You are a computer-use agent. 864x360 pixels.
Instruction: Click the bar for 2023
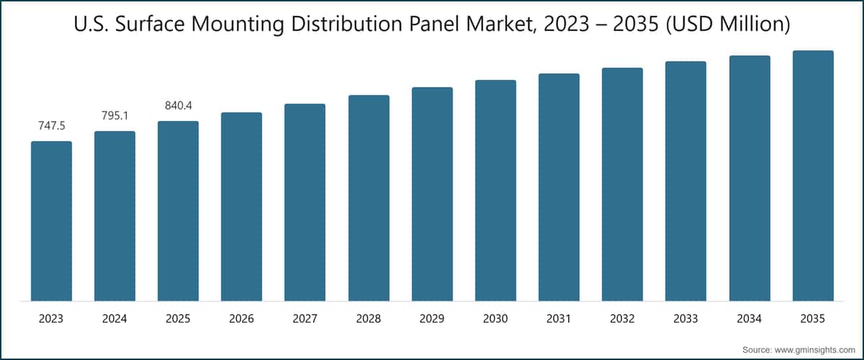pyautogui.click(x=51, y=221)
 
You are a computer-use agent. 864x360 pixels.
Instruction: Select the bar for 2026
pyautogui.click(x=241, y=207)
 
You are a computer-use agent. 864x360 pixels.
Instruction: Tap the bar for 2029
pyautogui.click(x=432, y=194)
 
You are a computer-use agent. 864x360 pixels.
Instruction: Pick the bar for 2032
pyautogui.click(x=622, y=184)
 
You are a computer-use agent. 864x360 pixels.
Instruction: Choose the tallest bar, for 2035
pyautogui.click(x=813, y=176)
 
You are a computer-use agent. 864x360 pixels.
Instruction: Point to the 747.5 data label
pyautogui.click(x=52, y=126)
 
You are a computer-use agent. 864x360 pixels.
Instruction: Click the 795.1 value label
pyautogui.click(x=115, y=116)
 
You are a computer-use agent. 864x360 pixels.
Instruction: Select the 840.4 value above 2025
pyautogui.click(x=179, y=106)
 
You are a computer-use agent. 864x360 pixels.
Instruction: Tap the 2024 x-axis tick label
pyautogui.click(x=114, y=319)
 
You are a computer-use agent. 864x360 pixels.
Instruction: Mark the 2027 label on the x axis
pyautogui.click(x=305, y=319)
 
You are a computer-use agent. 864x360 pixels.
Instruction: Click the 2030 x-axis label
pyautogui.click(x=495, y=319)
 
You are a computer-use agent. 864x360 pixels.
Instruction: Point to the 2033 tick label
pyautogui.click(x=685, y=319)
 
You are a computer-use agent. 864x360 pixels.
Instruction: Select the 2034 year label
pyautogui.click(x=749, y=319)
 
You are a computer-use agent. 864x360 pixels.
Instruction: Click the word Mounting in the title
pyautogui.click(x=238, y=24)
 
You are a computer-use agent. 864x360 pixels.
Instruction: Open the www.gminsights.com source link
pyautogui.click(x=814, y=350)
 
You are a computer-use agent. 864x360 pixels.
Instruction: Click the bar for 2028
pyautogui.click(x=369, y=198)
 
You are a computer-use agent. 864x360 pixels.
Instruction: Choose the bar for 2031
pyautogui.click(x=559, y=187)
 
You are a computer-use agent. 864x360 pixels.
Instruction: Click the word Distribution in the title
pyautogui.click(x=347, y=24)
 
